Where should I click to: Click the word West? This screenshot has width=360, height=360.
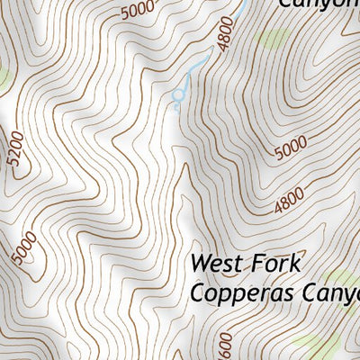214,265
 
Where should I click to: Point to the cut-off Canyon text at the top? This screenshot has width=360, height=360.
319,4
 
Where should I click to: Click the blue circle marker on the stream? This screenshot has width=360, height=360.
179,94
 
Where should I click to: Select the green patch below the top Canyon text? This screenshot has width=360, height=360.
273,39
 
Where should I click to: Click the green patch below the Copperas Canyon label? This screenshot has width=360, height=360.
319,342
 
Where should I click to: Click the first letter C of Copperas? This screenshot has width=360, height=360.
197,293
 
